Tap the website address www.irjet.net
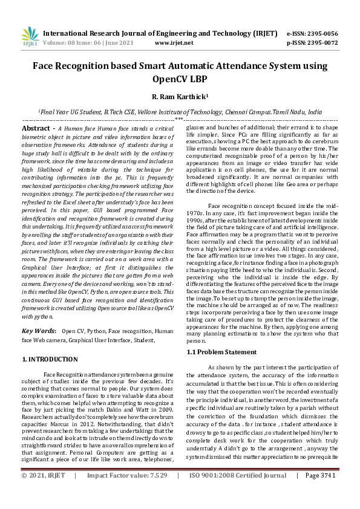tap(174, 43)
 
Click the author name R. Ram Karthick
tap(179, 96)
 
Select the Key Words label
tap(39, 331)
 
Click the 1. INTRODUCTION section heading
tap(50, 359)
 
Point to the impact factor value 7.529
tap(155, 493)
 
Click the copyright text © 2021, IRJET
tap(43, 493)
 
